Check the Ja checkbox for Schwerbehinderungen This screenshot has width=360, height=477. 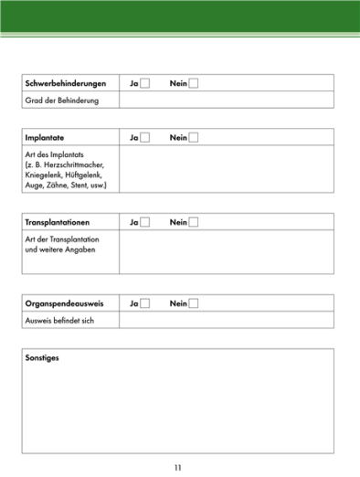(x=144, y=84)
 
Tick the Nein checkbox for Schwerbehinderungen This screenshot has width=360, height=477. (x=193, y=84)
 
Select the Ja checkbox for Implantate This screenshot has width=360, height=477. (x=144, y=138)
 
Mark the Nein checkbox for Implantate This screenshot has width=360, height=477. (x=193, y=138)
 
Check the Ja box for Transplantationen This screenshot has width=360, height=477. (x=144, y=222)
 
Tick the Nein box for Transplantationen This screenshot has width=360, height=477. (x=193, y=222)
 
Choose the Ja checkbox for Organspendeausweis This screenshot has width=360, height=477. (x=144, y=303)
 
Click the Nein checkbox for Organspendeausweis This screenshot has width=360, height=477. (x=193, y=303)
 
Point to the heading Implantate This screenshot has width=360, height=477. (x=45, y=138)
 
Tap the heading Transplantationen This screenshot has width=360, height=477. (x=57, y=222)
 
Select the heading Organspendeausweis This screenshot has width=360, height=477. (x=61, y=303)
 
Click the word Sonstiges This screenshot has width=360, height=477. (x=43, y=357)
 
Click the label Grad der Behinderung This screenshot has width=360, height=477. (x=61, y=100)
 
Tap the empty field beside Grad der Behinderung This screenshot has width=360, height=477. (x=226, y=100)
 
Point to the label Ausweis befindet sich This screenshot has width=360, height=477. (x=59, y=320)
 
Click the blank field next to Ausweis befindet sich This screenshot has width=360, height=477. (x=226, y=320)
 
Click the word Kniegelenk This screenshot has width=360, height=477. (x=45, y=175)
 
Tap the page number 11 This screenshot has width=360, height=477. (x=178, y=467)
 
